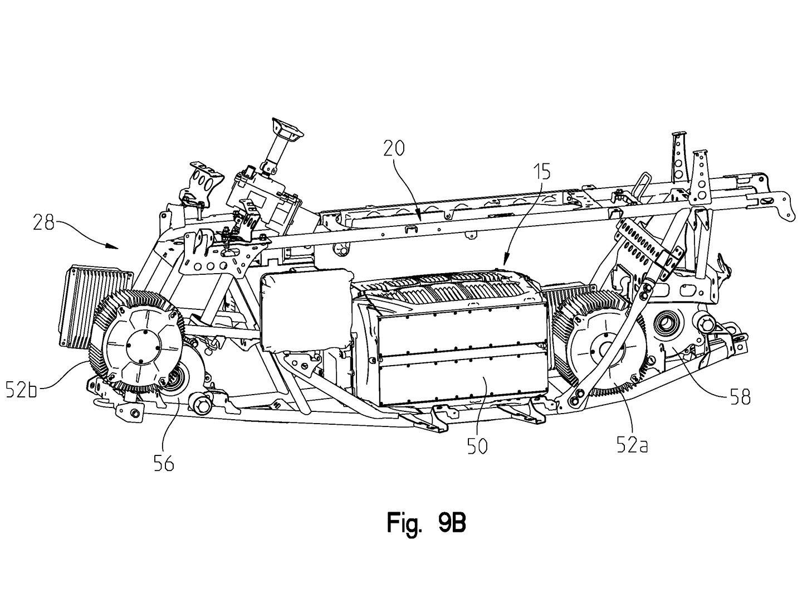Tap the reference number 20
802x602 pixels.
pos(394,148)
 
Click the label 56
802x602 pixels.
pos(163,462)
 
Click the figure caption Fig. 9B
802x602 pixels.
pos(426,524)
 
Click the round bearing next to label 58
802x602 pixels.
pos(666,323)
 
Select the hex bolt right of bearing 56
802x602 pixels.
pos(199,402)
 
